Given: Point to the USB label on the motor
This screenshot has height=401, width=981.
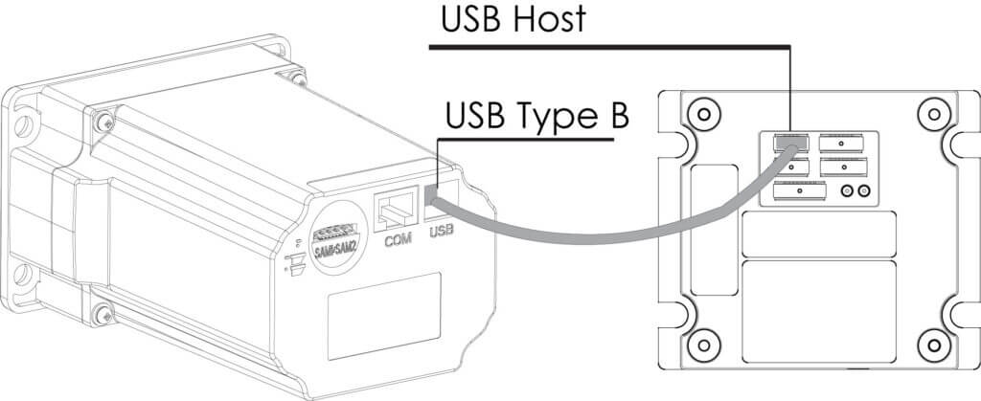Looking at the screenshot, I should (442, 231).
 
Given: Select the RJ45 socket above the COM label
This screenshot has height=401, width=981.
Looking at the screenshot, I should (394, 207).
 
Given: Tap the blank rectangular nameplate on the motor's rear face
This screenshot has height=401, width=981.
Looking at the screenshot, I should (385, 307).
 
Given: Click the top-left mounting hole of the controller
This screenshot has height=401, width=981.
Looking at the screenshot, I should (704, 114).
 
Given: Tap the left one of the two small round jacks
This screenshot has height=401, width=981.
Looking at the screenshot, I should (847, 191).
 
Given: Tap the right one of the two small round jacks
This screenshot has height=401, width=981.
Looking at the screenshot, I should (864, 191).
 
